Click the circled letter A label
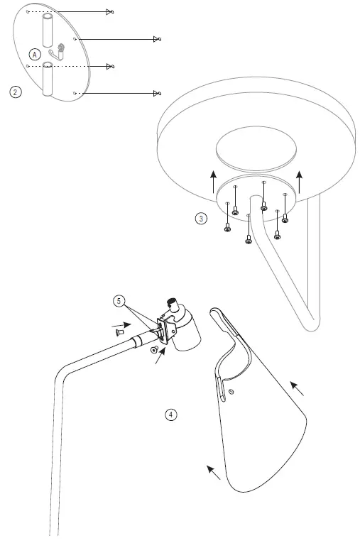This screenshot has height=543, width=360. click(35, 54)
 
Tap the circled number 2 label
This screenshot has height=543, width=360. click(15, 92)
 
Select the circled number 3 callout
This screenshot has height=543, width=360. click(202, 219)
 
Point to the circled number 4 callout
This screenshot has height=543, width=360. click(170, 415)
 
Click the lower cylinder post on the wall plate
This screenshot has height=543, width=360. click(48, 79)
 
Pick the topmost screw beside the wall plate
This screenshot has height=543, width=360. click(109, 12)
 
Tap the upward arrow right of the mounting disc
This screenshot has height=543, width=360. click(301, 182)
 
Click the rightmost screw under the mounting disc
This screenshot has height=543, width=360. click(285, 218)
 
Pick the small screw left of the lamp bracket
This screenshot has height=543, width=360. click(119, 330)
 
